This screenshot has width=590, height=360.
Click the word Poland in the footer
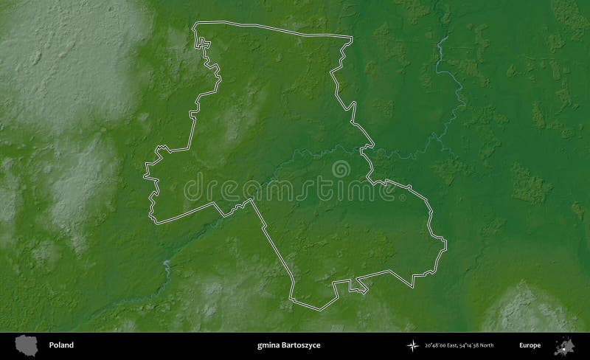point(62,345)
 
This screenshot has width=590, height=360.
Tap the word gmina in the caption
point(267,345)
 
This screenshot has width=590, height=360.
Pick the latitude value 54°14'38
point(485,345)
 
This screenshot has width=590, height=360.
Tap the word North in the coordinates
point(505,345)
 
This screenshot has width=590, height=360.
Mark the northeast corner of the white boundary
point(351,37)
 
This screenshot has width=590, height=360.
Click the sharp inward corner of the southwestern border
point(252,199)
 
